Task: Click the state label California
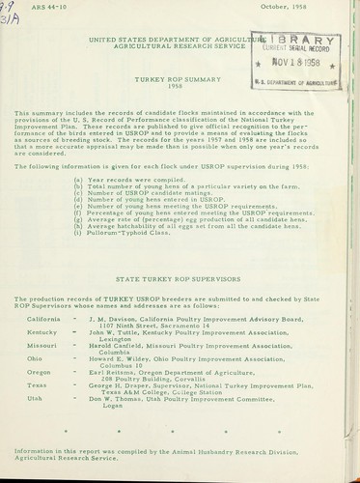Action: coord(43,318)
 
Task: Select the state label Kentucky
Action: coord(42,333)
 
